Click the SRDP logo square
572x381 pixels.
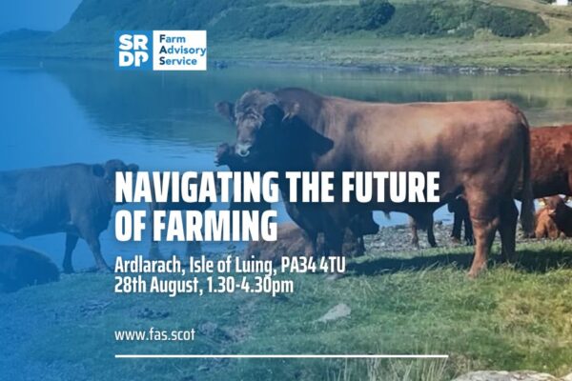[133, 50]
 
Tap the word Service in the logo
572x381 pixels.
[178, 61]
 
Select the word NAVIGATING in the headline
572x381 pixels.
[196, 188]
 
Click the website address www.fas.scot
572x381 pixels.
[154, 335]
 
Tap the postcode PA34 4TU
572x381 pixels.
[313, 266]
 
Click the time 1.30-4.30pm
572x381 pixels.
[250, 286]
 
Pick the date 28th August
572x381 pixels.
[158, 286]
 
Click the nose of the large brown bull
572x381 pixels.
[243, 150]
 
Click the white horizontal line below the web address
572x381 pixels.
[281, 356]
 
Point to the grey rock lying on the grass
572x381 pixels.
[335, 312]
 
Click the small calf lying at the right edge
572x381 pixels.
[551, 218]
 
